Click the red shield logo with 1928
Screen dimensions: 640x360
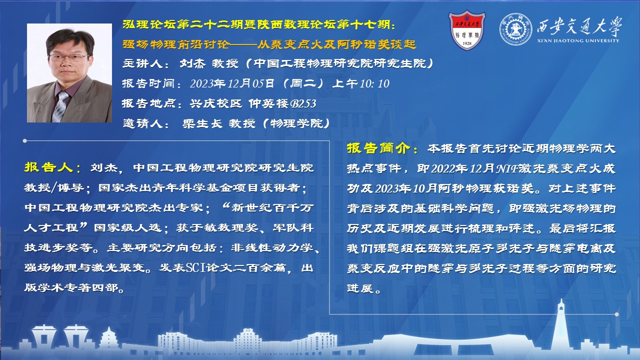point(467,30)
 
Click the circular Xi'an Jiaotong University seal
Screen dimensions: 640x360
point(515,29)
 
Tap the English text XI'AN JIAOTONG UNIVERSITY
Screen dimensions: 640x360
point(578,40)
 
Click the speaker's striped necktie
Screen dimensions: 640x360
point(60,106)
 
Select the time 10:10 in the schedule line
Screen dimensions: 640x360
point(374,83)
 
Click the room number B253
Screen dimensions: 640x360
point(303,103)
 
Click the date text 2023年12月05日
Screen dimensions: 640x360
point(232,83)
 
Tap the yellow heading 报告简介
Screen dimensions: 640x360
point(379,148)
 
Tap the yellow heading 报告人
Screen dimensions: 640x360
point(48,167)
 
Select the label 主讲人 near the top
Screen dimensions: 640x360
point(142,63)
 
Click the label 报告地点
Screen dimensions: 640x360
point(148,103)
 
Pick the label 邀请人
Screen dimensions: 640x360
point(142,123)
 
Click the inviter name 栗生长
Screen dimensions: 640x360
point(202,123)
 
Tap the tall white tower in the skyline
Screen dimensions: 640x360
point(561,325)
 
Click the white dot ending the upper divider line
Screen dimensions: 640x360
point(25,141)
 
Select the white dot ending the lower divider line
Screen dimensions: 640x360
point(616,314)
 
